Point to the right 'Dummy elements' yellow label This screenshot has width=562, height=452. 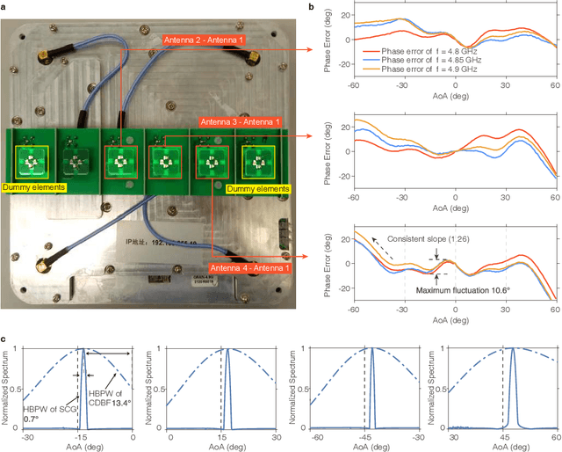point(256,188)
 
